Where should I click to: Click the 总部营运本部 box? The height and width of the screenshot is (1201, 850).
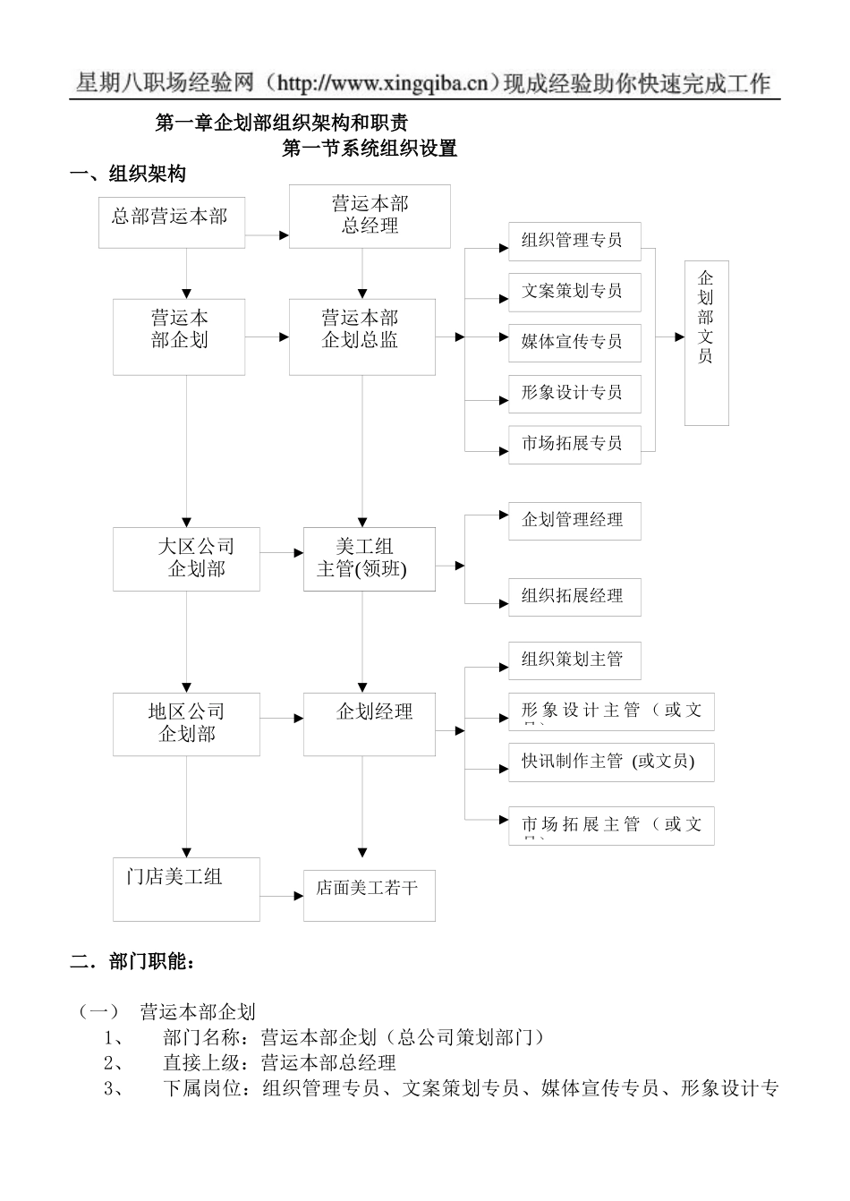[171, 224]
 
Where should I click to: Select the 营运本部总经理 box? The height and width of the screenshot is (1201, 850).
[370, 217]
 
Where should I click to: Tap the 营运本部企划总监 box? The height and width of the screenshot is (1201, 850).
[361, 336]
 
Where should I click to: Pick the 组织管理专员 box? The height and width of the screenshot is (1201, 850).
[574, 242]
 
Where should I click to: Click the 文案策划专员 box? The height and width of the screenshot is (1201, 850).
[574, 292]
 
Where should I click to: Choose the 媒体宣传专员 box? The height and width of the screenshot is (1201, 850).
[574, 343]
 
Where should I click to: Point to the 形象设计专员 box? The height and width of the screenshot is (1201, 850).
[574, 394]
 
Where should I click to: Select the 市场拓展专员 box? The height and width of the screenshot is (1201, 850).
[574, 445]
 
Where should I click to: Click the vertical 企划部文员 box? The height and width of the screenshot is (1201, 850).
[706, 343]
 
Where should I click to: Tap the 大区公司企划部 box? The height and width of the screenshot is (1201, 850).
[186, 558]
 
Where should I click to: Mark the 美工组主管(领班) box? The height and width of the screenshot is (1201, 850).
[369, 558]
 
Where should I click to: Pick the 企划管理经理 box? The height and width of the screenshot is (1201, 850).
[574, 521]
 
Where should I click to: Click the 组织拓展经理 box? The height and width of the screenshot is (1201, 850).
[574, 597]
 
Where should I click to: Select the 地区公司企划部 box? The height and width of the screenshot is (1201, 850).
[186, 723]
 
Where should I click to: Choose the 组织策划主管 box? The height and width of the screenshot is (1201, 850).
[574, 660]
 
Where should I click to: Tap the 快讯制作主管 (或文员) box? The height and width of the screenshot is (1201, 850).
[611, 762]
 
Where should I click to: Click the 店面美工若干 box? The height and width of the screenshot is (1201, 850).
[369, 895]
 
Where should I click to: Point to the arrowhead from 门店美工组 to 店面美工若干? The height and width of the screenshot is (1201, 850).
[299, 896]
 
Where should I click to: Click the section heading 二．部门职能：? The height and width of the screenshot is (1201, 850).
[132, 962]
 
